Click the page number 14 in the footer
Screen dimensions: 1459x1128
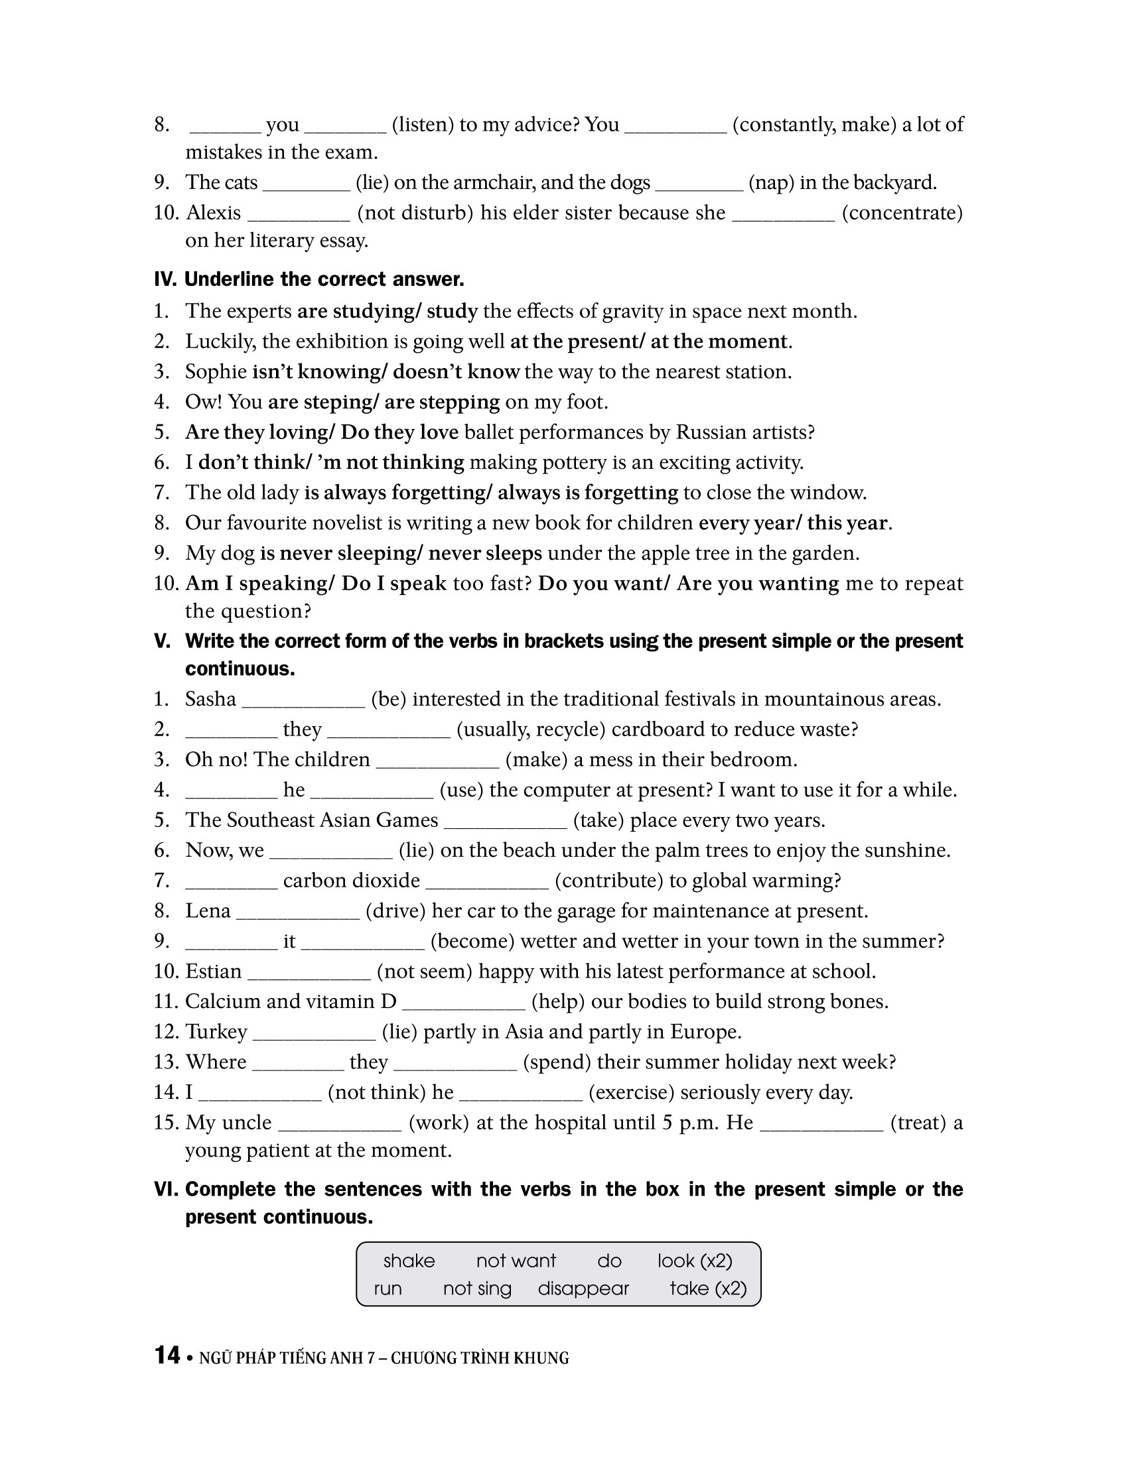click(167, 1356)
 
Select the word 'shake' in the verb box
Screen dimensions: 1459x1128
click(408, 1261)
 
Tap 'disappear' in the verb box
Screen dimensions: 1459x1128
click(583, 1289)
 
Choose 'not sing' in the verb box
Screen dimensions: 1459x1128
click(477, 1289)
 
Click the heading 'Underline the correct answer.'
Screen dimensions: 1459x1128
click(324, 279)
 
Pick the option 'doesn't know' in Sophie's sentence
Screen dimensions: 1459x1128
click(456, 371)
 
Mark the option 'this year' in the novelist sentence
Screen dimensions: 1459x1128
click(847, 523)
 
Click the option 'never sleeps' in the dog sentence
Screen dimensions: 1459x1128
click(485, 553)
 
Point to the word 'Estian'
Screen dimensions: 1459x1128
click(213, 972)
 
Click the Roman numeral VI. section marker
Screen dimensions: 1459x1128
click(166, 1189)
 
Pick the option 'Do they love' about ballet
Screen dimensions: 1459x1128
click(399, 432)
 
